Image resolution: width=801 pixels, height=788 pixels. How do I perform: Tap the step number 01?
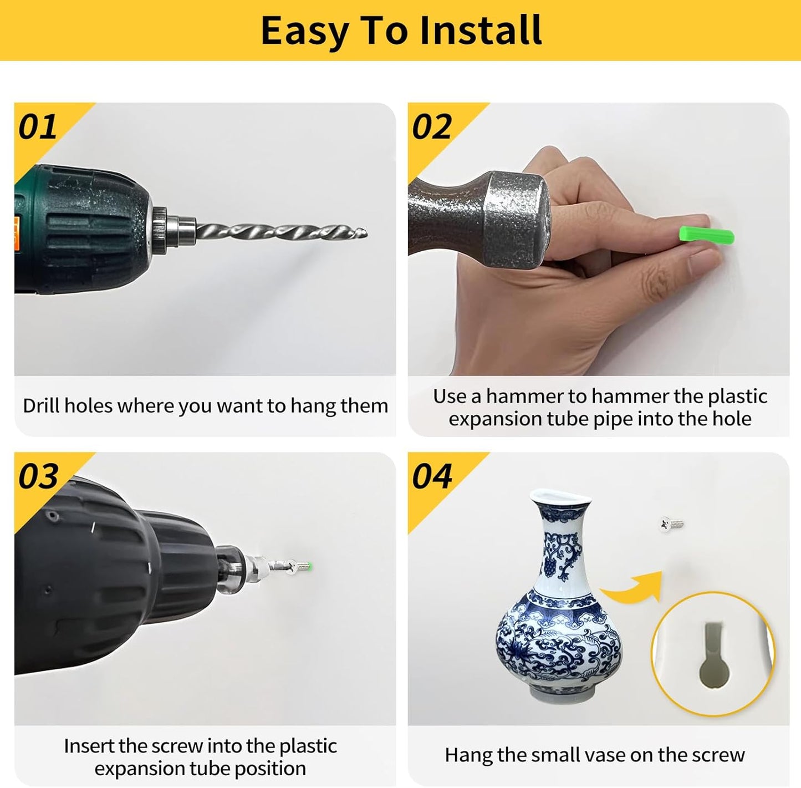37,127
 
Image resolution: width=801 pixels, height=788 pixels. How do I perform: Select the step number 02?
432,127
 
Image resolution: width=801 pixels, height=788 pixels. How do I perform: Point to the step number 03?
38,476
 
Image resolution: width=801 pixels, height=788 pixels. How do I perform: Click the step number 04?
432,476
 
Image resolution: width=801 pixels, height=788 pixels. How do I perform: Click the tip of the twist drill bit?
366,233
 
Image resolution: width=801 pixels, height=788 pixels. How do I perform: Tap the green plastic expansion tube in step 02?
706,236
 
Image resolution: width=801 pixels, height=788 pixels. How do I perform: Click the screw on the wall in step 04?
671,524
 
